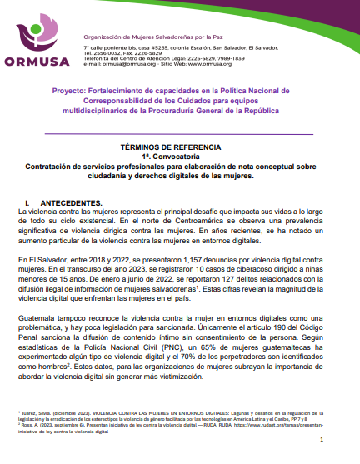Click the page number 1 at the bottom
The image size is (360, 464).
pyautogui.click(x=337, y=447)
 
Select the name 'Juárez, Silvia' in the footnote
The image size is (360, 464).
pyautogui.click(x=37, y=412)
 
